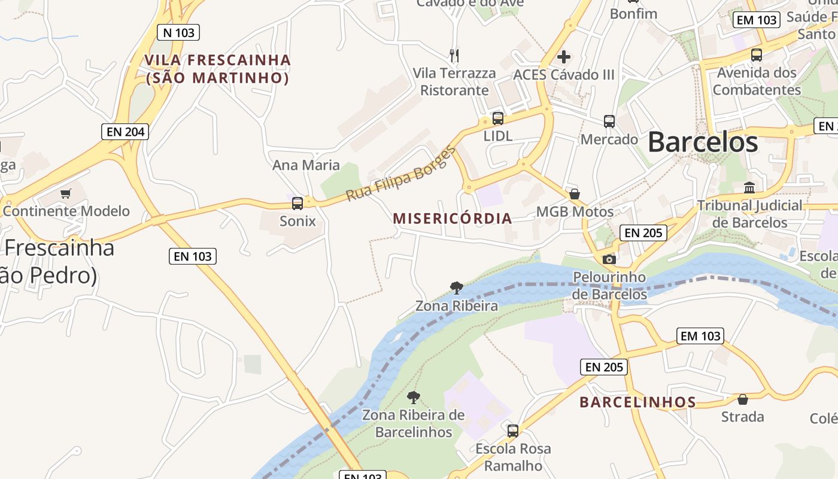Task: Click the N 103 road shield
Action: [178, 32]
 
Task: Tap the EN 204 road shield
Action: [125, 132]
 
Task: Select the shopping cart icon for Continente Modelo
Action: [66, 193]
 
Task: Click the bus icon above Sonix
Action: [297, 204]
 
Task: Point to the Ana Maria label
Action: [306, 165]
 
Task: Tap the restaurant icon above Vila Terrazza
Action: [454, 56]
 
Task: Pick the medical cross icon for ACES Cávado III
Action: [564, 57]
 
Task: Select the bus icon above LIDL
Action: [498, 119]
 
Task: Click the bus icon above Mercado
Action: [609, 122]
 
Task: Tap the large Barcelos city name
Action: [703, 143]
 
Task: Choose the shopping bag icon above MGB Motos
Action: [575, 194]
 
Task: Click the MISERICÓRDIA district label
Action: [453, 219]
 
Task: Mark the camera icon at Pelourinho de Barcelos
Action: [609, 259]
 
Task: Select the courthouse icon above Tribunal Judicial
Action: [749, 188]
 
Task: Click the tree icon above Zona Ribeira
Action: [457, 288]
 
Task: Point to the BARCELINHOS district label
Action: [637, 402]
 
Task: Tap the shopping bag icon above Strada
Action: [743, 399]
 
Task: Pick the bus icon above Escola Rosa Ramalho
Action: [513, 431]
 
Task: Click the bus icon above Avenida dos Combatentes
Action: [757, 55]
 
